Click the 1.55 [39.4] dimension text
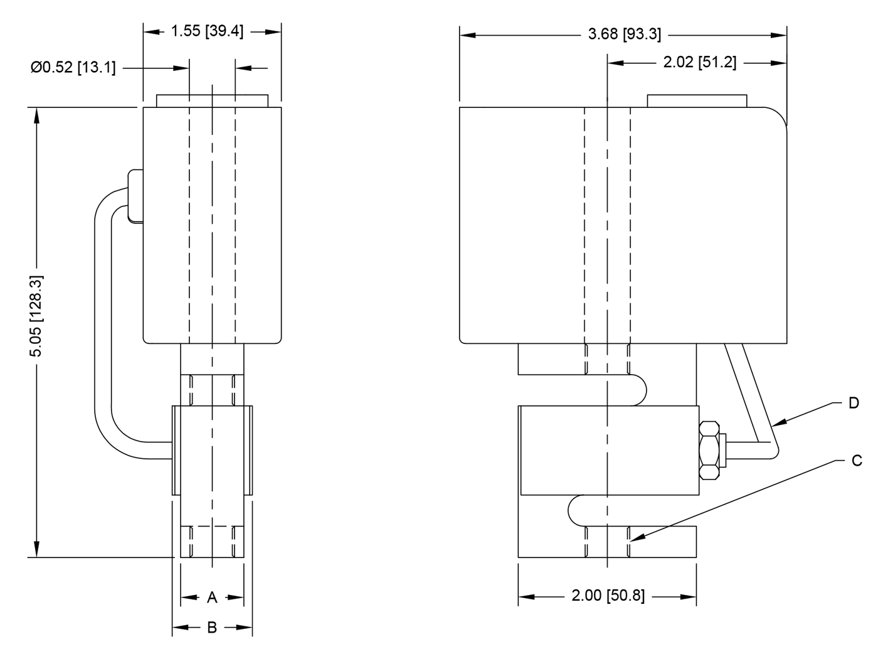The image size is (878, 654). (x=207, y=31)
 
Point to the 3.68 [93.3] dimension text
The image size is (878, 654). (x=624, y=35)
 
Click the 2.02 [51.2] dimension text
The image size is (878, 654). (x=700, y=63)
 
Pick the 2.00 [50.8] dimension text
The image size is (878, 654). (x=608, y=596)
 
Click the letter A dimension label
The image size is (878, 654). (x=212, y=598)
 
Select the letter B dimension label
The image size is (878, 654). (x=212, y=627)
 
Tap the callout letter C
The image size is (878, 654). (x=857, y=461)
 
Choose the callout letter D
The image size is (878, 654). (x=854, y=403)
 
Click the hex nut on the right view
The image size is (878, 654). (x=709, y=451)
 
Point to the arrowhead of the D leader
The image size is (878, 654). (x=776, y=425)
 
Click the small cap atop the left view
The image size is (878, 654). (x=212, y=101)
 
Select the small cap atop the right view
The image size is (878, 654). (x=697, y=101)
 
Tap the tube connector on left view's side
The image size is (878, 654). (x=135, y=195)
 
